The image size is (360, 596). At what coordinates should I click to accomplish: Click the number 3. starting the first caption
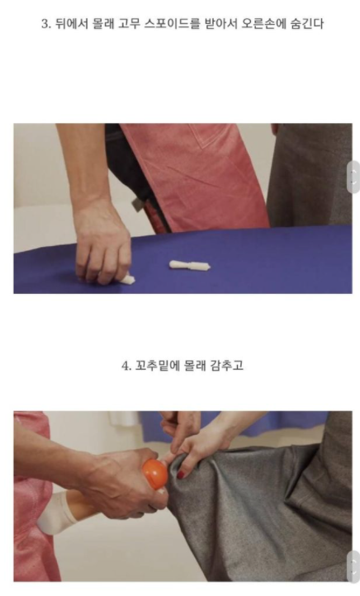46,24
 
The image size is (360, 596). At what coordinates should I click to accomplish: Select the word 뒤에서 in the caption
71,24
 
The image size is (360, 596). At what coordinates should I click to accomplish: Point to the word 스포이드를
172,24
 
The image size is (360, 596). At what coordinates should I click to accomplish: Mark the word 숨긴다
307,24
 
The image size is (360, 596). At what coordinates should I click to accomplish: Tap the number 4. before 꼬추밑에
126,366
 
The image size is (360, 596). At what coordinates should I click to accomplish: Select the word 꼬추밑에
157,366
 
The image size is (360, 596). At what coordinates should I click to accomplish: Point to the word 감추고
226,366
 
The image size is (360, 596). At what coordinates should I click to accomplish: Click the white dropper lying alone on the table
190,266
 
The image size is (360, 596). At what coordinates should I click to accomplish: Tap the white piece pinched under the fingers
128,279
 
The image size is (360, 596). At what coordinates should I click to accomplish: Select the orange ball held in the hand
155,474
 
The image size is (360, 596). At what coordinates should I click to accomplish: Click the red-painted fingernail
181,475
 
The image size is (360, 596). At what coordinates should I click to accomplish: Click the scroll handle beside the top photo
353,177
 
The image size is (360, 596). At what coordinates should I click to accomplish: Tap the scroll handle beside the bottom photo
353,566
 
